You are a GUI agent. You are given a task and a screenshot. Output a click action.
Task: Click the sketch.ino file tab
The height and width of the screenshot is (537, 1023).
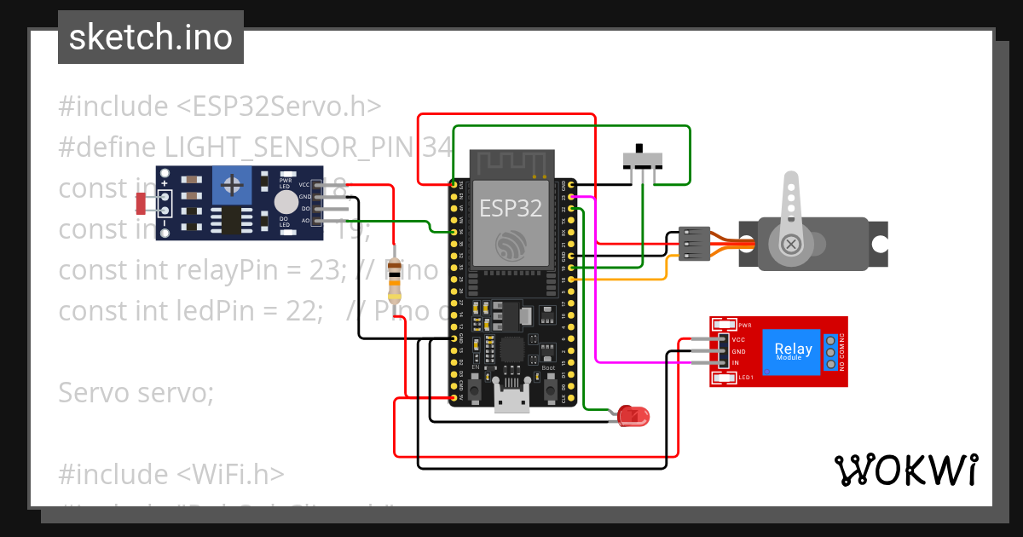coord(151,38)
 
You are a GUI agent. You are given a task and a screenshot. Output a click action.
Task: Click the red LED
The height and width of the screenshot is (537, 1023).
coord(633,416)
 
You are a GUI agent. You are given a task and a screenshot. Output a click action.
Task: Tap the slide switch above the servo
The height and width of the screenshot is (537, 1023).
coord(640,159)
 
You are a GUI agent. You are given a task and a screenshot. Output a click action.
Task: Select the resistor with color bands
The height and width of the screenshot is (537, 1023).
coord(394,281)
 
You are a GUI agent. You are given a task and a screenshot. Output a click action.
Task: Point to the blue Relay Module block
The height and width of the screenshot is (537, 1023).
coord(792,351)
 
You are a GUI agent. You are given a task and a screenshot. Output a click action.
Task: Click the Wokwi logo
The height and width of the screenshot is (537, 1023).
coord(905,470)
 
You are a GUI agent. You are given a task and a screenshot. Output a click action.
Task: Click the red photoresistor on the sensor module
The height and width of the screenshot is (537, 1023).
coord(142,203)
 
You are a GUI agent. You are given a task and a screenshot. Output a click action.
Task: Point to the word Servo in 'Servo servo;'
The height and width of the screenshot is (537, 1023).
coord(91,393)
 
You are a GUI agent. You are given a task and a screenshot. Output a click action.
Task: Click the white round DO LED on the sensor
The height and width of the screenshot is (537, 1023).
coord(287,202)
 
